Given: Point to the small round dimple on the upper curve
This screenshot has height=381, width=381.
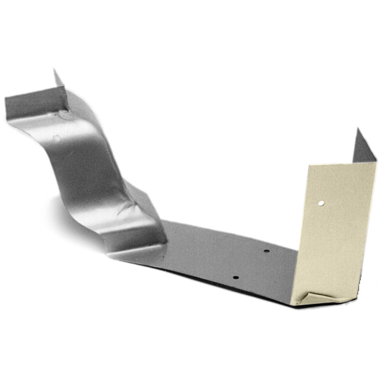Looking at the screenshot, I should pos(56,138).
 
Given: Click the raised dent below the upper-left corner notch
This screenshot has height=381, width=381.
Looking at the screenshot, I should pos(65,115).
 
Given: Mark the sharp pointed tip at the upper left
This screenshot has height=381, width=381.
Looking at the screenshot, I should pos(54,70).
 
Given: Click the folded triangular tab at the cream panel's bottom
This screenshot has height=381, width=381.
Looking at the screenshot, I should pos(314,298).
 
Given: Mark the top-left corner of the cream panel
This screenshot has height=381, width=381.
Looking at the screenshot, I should pos(309,166).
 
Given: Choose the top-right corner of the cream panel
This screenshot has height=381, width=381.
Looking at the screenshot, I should pos(376,162).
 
